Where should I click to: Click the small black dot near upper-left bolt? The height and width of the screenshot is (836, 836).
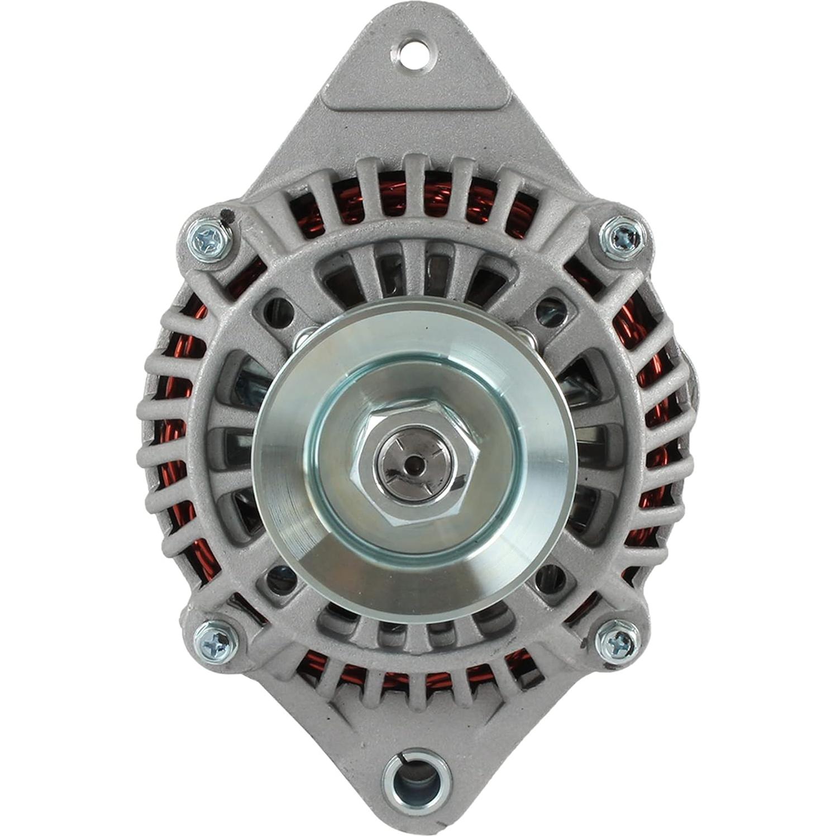(224, 213)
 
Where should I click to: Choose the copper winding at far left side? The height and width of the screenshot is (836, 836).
(168, 424)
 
